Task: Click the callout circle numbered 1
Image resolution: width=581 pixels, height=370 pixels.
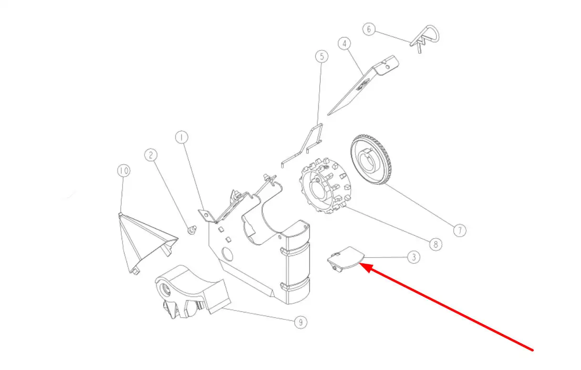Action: click(x=182, y=137)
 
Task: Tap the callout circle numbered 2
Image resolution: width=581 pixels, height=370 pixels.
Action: click(x=151, y=155)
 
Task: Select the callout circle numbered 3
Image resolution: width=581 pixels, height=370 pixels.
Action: click(x=414, y=257)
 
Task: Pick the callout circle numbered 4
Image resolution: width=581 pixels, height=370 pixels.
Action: click(x=344, y=43)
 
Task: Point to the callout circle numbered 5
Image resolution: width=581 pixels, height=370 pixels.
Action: click(x=322, y=57)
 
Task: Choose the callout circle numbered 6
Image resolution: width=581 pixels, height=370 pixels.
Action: click(x=369, y=29)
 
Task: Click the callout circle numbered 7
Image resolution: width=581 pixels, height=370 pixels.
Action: click(x=460, y=230)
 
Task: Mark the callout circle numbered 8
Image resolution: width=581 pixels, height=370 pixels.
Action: click(x=436, y=244)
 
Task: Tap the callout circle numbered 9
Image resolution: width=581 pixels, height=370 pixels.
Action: click(x=301, y=322)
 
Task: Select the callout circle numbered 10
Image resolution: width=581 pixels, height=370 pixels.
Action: click(x=124, y=170)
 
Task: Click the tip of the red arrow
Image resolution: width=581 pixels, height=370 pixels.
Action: click(x=360, y=263)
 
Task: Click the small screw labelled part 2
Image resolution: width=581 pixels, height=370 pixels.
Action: click(x=192, y=230)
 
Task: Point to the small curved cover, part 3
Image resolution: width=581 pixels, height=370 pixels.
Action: click(x=346, y=258)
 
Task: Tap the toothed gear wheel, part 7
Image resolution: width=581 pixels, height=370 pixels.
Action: click(x=371, y=160)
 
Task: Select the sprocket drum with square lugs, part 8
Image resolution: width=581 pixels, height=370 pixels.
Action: click(x=325, y=186)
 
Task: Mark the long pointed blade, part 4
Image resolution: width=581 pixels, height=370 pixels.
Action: click(x=363, y=85)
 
